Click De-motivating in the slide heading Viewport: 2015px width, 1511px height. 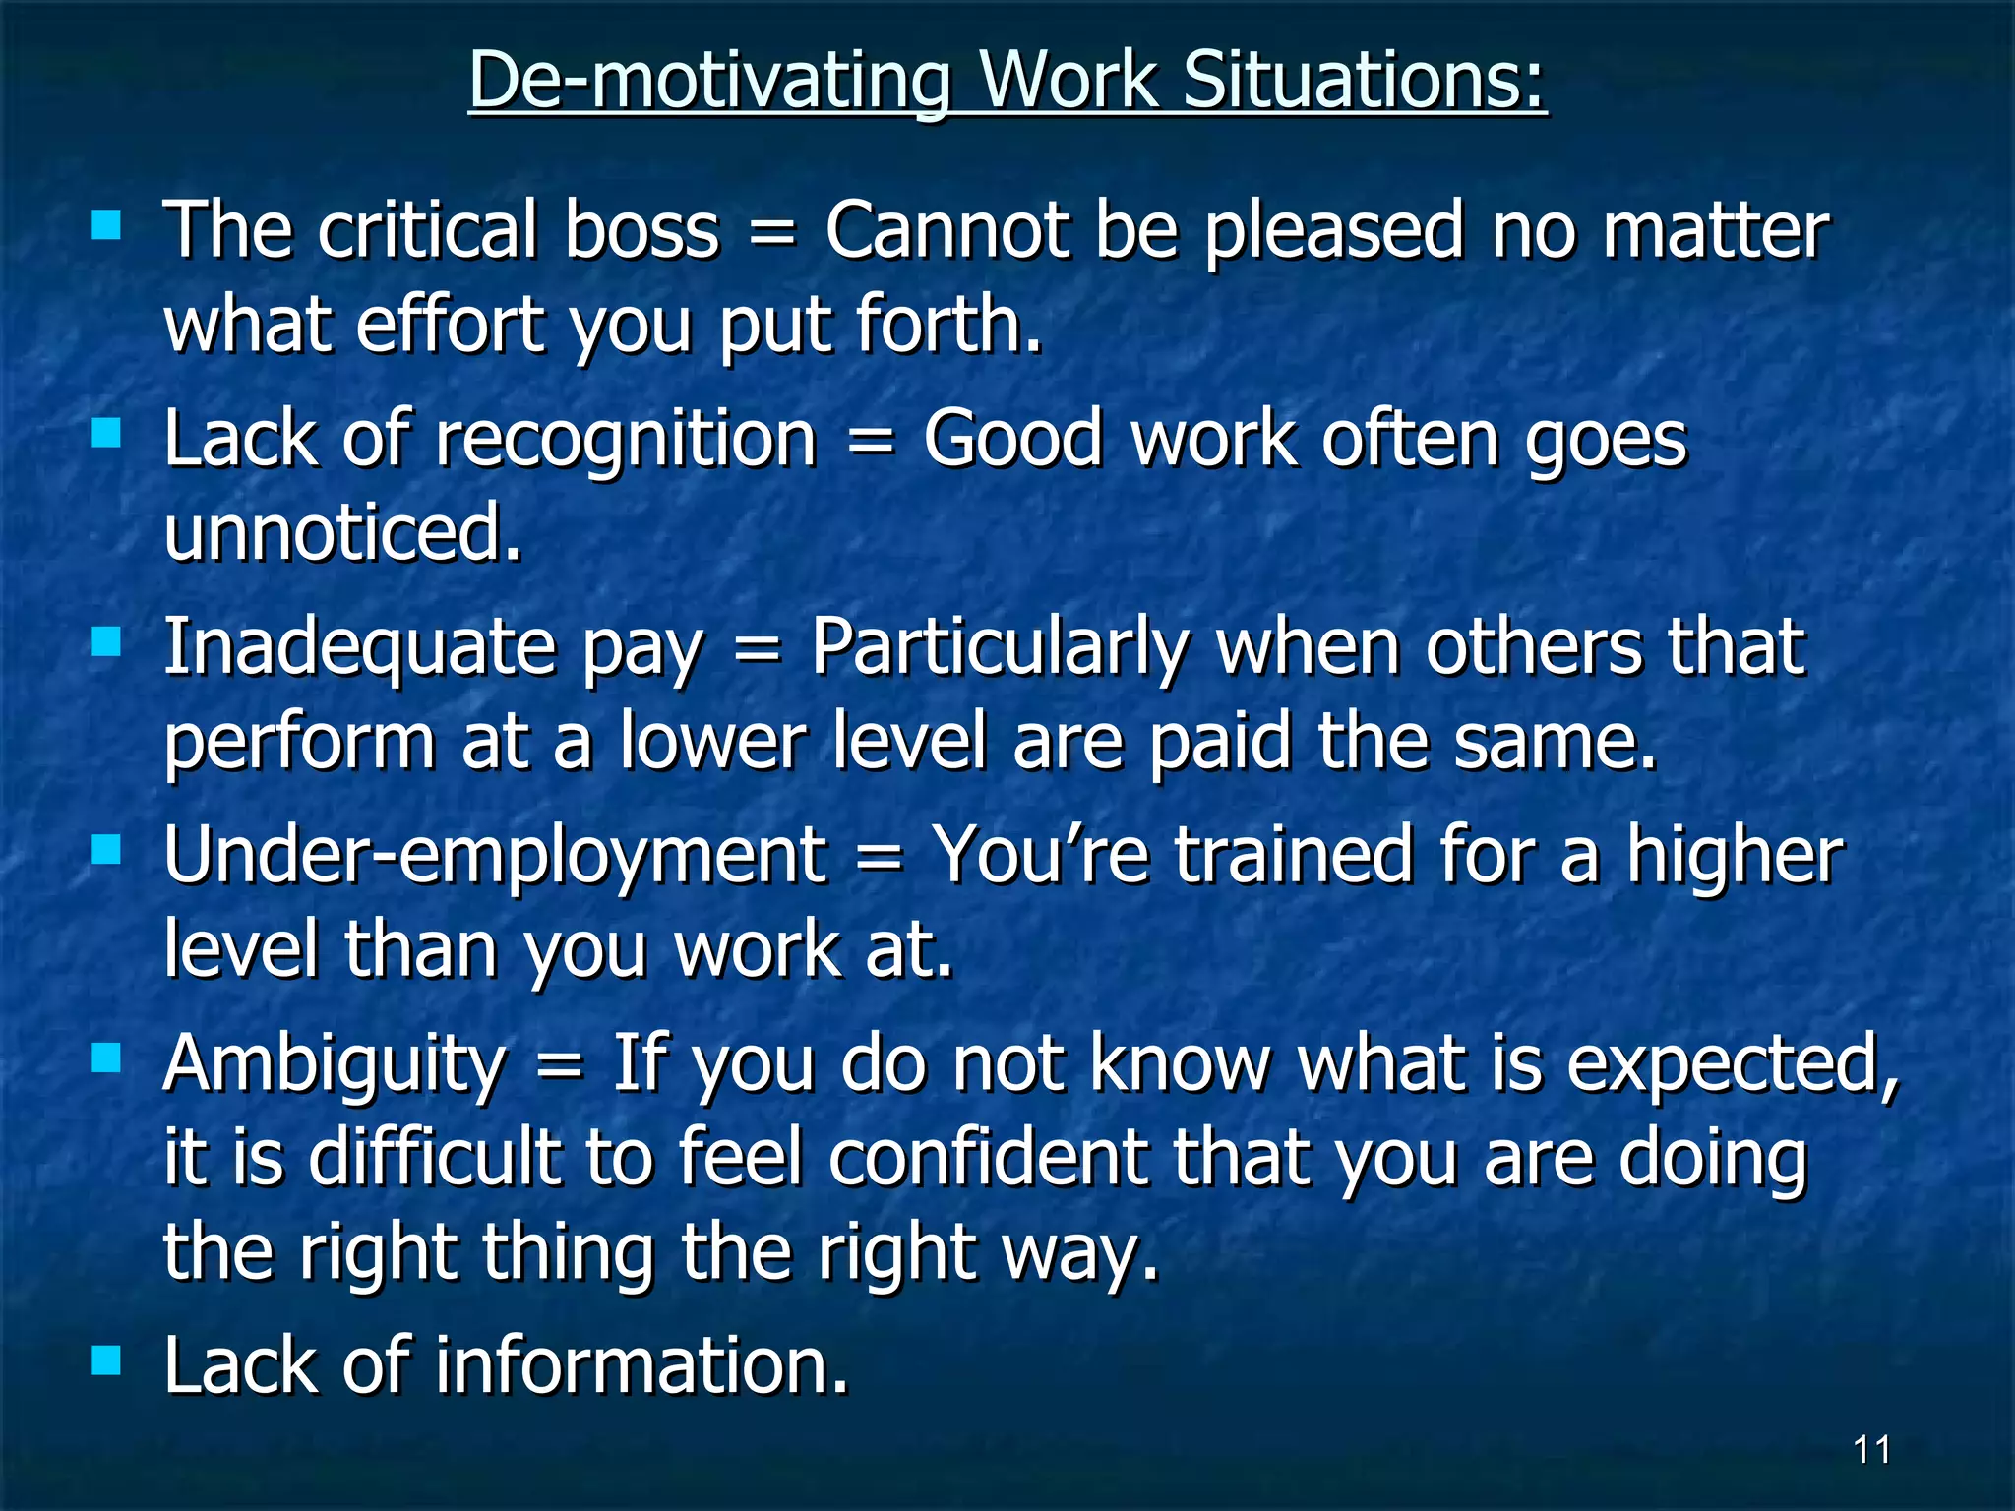click(x=709, y=81)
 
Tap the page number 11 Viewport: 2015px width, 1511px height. click(x=1871, y=1450)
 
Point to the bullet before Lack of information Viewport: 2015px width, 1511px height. click(x=105, y=1360)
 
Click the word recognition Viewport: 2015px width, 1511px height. click(x=627, y=440)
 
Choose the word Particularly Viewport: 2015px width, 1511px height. click(x=1000, y=649)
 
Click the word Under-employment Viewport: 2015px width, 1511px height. click(x=495, y=856)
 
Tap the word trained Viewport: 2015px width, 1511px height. click(x=1294, y=856)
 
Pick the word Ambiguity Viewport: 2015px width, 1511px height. click(x=335, y=1066)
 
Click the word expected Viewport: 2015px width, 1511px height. click(x=1732, y=1066)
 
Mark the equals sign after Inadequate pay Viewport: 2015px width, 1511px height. click(x=757, y=650)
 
